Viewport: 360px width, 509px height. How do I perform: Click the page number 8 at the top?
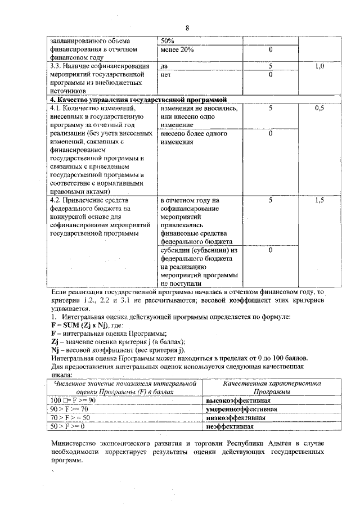pyautogui.click(x=188, y=28)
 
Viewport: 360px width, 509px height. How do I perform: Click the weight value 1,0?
pyautogui.click(x=319, y=66)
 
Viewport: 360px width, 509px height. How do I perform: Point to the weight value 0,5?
pyautogui.click(x=319, y=107)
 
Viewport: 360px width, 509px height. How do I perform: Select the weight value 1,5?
pyautogui.click(x=319, y=200)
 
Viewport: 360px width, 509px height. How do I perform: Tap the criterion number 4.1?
pyautogui.click(x=55, y=107)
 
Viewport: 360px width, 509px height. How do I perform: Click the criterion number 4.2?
pyautogui.click(x=55, y=200)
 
